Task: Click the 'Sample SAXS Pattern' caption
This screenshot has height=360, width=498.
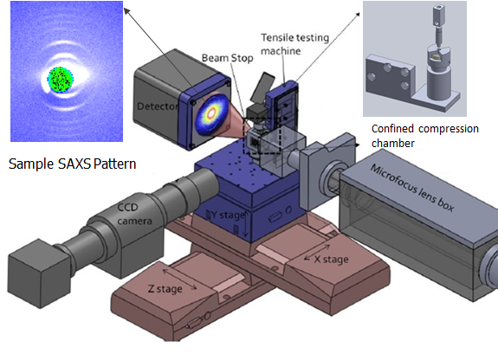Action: point(73,164)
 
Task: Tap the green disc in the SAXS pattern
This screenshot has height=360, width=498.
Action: point(61,80)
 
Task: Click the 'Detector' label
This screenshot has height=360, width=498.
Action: point(158,106)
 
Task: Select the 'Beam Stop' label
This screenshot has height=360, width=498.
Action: point(228,58)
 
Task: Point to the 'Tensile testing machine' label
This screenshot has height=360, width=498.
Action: point(294,44)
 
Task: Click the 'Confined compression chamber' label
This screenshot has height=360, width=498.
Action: point(425,136)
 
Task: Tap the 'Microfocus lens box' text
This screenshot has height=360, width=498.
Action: point(412,189)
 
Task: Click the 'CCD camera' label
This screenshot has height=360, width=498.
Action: point(134,214)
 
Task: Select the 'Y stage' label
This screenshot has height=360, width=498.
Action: point(228,215)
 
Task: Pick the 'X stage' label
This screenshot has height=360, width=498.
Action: point(331,260)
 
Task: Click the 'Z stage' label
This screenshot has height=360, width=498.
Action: point(165,289)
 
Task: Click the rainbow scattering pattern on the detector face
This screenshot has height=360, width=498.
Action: point(212,113)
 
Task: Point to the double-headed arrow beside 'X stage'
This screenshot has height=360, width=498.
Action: point(317,253)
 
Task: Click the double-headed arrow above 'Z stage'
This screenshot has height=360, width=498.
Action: point(179,280)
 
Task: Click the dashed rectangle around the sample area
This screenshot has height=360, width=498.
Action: point(262,136)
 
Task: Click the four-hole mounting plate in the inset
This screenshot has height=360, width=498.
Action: point(390,76)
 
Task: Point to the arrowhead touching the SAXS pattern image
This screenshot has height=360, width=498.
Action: point(126,11)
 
